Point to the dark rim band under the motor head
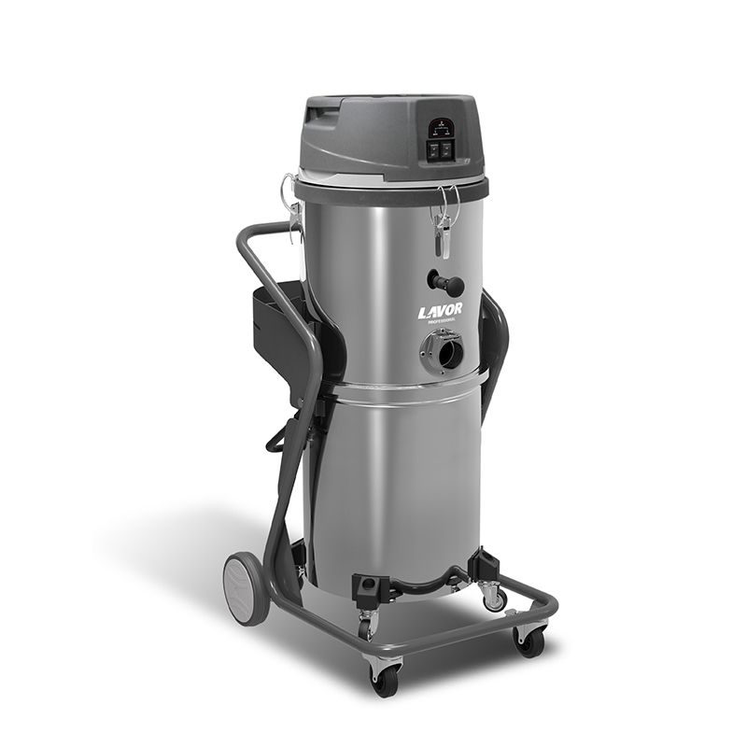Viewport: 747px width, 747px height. point(392,190)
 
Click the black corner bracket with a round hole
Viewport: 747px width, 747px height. point(366,586)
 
